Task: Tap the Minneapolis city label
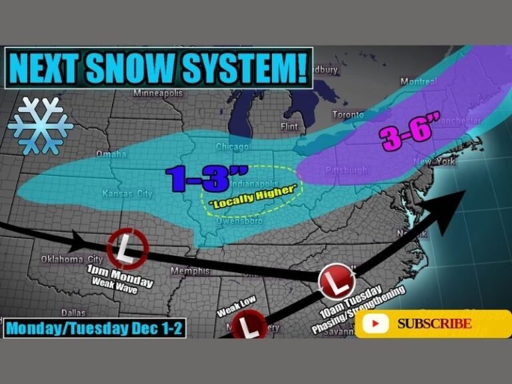157,93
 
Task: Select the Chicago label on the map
232,146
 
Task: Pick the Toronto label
348,114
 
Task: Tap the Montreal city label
419,81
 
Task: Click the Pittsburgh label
346,171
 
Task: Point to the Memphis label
189,271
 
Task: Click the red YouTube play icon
377,324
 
